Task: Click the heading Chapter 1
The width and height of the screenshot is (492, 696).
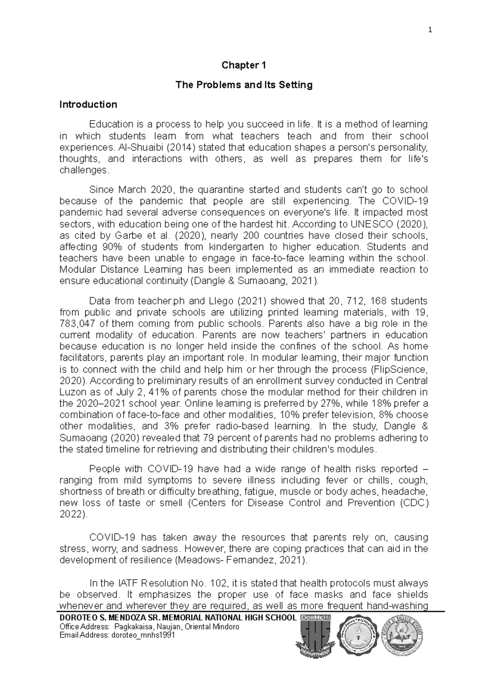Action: (244, 65)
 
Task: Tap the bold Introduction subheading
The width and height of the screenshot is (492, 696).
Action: (88, 105)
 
